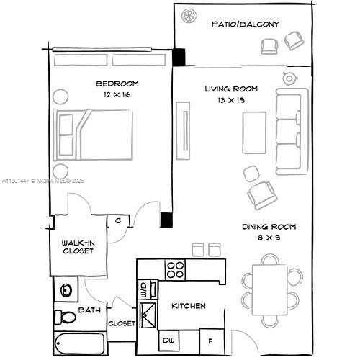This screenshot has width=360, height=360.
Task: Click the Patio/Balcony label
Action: tap(246, 24)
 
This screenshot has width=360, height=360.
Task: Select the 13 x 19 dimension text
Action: tap(231, 100)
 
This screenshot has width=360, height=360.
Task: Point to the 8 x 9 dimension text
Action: tap(269, 238)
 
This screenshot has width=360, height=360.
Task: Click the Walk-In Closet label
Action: tap(76, 246)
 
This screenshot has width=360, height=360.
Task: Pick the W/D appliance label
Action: tap(143, 290)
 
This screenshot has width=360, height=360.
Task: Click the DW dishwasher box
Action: tap(169, 340)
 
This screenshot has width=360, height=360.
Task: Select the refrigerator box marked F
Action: tap(210, 340)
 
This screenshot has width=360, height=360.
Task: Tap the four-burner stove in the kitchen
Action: tap(176, 269)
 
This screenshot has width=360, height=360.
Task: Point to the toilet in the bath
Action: tap(68, 316)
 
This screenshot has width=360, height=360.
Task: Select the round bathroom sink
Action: tap(67, 291)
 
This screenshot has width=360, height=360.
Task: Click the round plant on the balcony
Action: tap(190, 15)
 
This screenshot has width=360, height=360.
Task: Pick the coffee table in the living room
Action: tap(253, 135)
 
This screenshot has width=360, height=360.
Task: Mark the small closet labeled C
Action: tap(117, 221)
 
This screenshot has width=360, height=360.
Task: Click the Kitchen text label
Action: tap(188, 306)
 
